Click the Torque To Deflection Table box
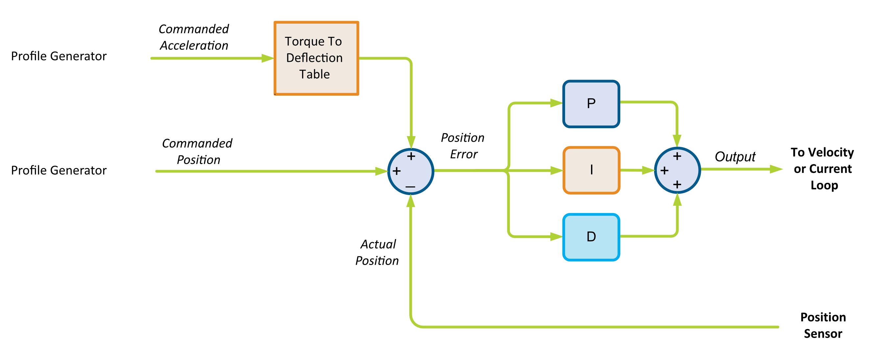[x=316, y=58]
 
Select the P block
[x=591, y=104]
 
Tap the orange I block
[x=591, y=170]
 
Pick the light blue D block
[x=591, y=237]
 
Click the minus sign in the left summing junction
[x=410, y=187]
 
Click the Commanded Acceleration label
[x=194, y=37]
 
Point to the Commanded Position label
[x=197, y=151]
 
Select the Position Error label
[x=463, y=146]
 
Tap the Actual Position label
[x=377, y=252]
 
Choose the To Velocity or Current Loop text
[x=822, y=169]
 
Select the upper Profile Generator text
[x=59, y=56]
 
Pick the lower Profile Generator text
[x=59, y=170]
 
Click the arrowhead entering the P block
[x=556, y=103]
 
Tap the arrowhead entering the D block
[x=556, y=237]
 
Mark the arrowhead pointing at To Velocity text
[x=776, y=169]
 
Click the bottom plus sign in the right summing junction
[x=677, y=184]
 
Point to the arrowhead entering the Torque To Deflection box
[x=268, y=58]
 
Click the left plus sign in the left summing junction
[x=396, y=171]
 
